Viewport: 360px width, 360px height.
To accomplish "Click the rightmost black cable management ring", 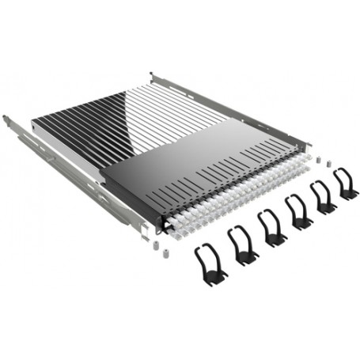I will (346, 183).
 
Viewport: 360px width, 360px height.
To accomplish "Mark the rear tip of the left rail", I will (7, 119).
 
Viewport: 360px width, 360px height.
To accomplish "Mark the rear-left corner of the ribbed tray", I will (36, 122).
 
